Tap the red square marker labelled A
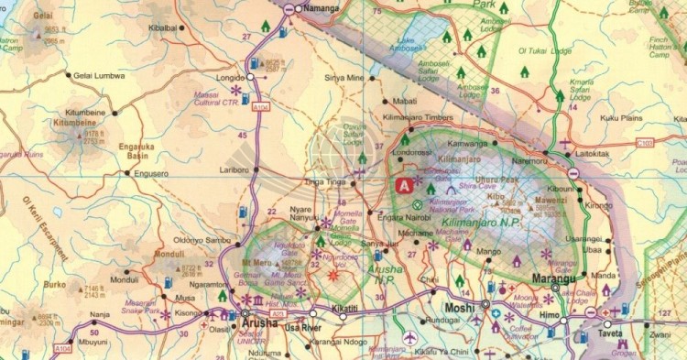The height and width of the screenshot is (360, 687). (x=403, y=184)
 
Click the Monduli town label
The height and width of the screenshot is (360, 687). (x=124, y=280)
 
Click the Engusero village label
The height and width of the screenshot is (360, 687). (x=150, y=172)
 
